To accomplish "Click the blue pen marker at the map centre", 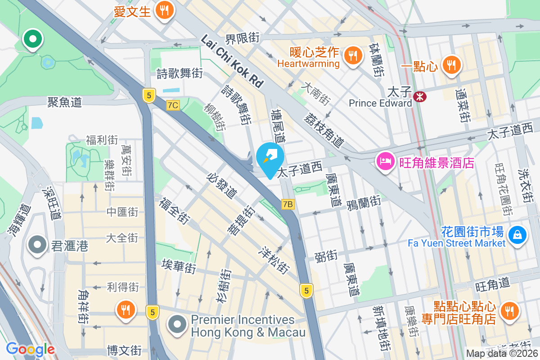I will (270, 158).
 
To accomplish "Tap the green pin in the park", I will (33, 39).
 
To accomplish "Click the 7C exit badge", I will (173, 105).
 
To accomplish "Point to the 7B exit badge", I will (288, 205).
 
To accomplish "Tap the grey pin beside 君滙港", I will (37, 245).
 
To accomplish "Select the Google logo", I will (30, 349).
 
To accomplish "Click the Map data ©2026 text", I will (501, 354).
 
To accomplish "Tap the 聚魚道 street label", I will (65, 102).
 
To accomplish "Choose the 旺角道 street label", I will (493, 283).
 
